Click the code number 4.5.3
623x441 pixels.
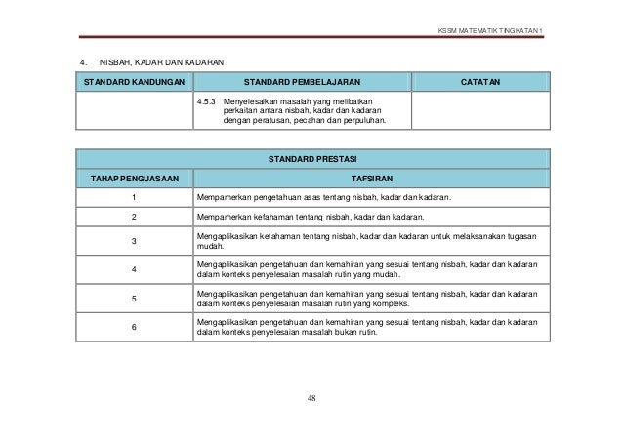206,100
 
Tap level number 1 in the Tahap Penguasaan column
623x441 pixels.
133,199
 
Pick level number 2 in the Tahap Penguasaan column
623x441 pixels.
133,218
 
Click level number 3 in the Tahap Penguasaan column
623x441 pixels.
133,241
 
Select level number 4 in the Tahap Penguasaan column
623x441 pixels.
133,269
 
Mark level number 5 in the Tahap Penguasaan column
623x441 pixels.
133,298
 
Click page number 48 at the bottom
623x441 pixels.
311,398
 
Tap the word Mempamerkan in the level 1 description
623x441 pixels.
225,199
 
